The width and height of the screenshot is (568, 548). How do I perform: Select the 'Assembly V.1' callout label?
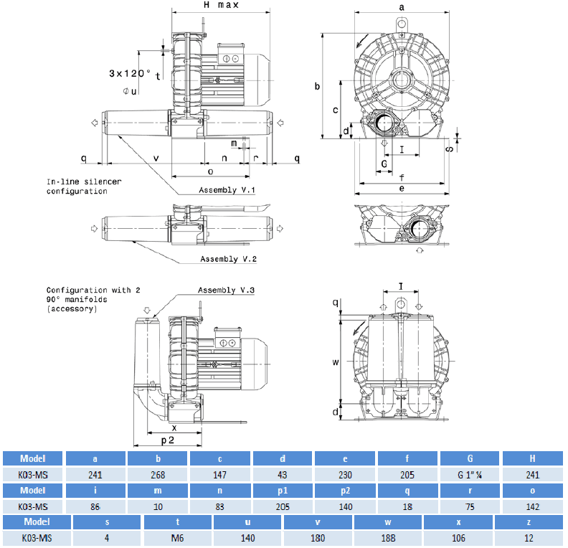[227, 190]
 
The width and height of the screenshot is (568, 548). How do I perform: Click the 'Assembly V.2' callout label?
[227, 259]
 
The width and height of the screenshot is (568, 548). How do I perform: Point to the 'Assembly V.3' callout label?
[227, 290]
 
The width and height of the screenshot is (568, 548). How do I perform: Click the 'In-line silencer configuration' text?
[84, 186]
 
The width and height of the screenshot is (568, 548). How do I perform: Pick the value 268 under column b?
[158, 474]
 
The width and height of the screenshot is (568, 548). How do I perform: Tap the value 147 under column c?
[220, 474]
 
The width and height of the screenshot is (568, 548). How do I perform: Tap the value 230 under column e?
[346, 474]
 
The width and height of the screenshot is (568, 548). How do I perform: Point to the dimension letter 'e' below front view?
[402, 189]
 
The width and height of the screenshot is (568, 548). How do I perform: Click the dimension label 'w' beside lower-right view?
[335, 362]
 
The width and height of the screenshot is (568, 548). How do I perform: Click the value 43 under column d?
[283, 474]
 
